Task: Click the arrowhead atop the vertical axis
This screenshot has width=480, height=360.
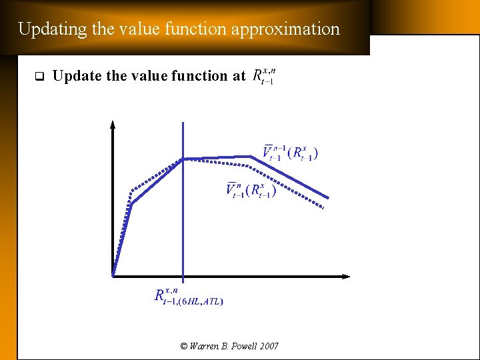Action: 113,124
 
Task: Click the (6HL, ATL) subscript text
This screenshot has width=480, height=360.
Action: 200,301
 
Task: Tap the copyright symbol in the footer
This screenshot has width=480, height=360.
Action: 184,346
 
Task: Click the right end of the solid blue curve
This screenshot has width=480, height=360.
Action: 329,197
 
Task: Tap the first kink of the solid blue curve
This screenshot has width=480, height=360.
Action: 131,204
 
